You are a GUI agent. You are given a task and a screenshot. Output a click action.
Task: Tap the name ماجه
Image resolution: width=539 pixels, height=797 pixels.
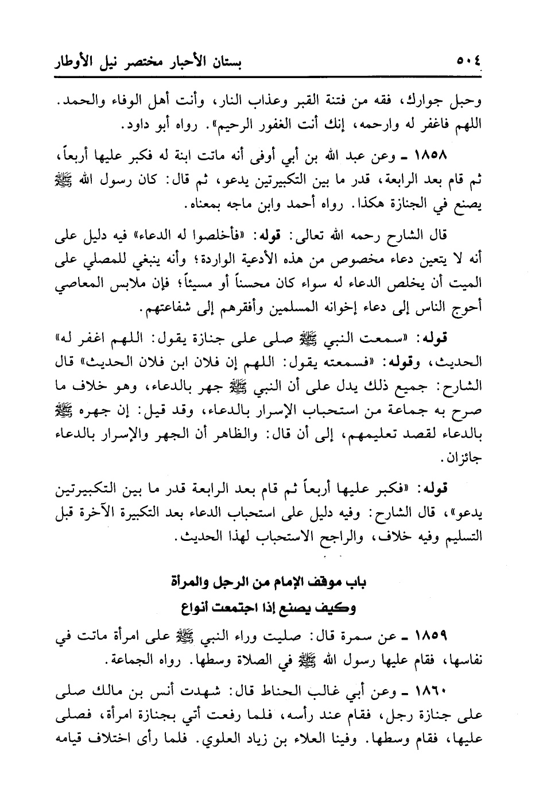click(236, 204)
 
